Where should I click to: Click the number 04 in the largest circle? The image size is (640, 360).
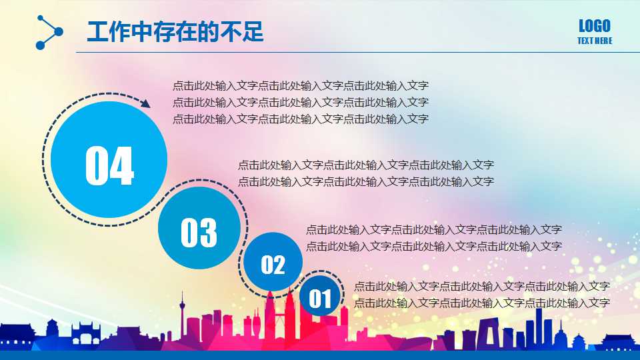click(x=109, y=166)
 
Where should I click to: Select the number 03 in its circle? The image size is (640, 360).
click(x=199, y=232)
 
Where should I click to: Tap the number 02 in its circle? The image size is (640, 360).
click(x=273, y=265)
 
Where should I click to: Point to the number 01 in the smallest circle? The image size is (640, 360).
click(x=319, y=299)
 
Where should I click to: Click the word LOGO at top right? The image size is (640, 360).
click(x=594, y=26)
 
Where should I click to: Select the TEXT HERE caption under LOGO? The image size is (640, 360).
click(x=594, y=41)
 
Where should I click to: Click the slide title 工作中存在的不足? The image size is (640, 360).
click(x=175, y=31)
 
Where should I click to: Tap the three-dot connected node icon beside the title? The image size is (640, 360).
click(x=48, y=32)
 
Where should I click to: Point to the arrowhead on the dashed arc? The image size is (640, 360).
click(x=145, y=103)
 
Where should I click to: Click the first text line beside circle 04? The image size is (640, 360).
click(x=300, y=85)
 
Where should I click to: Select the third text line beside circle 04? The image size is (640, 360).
click(x=300, y=119)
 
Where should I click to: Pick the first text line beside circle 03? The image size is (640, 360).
click(x=365, y=165)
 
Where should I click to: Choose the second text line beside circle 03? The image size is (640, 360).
click(x=365, y=181)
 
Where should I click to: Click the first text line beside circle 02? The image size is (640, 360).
click(x=433, y=229)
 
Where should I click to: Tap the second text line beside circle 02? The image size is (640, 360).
click(x=433, y=246)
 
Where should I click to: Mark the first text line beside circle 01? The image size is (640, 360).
click(x=481, y=286)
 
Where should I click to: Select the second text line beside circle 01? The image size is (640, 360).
click(x=481, y=303)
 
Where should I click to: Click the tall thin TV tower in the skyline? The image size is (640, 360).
click(x=181, y=313)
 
